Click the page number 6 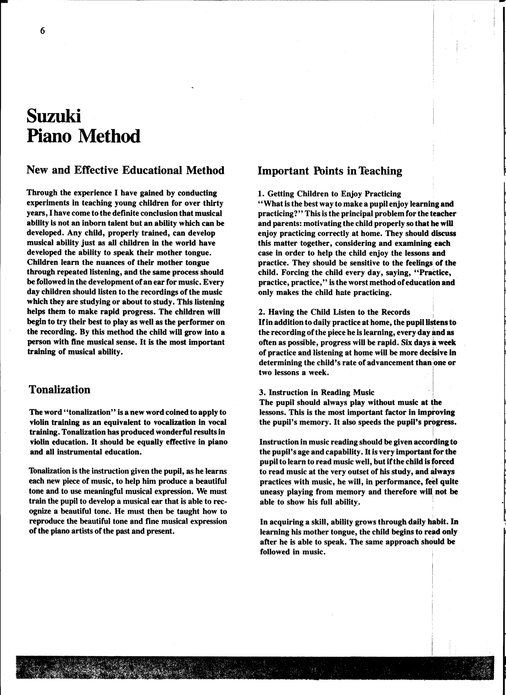click(x=42, y=31)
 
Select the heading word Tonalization click(x=60, y=389)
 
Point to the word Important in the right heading click(x=283, y=171)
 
